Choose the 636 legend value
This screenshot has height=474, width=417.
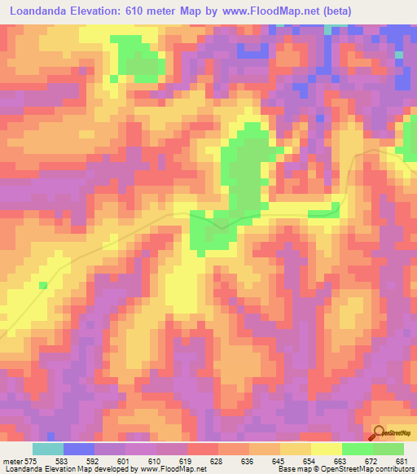(x=248, y=461)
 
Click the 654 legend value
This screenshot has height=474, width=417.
(x=310, y=461)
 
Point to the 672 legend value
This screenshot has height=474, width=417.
(x=372, y=461)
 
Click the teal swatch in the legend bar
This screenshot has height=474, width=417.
(x=48, y=449)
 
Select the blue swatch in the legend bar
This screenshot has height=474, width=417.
(x=79, y=449)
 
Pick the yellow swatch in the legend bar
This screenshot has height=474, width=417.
(x=326, y=449)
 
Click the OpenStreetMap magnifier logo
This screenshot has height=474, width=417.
(x=380, y=432)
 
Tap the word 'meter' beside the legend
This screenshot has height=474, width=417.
(x=12, y=461)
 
